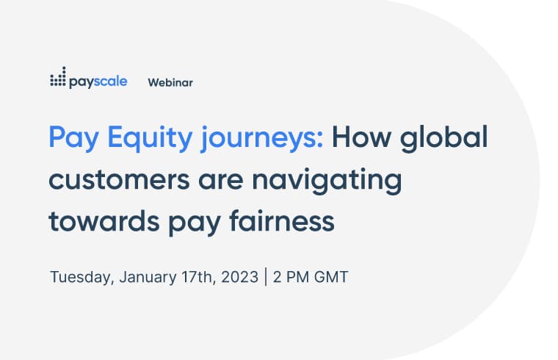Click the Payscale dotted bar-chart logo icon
click(x=58, y=76)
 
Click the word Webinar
click(x=170, y=82)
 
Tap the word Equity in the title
click(x=150, y=139)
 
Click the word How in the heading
click(x=361, y=137)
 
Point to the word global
click(x=443, y=139)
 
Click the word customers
click(x=119, y=180)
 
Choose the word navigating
click(x=327, y=181)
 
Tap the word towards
click(x=104, y=220)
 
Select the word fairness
click(x=282, y=220)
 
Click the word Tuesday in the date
click(x=82, y=278)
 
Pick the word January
click(x=148, y=278)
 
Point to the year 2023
click(x=240, y=277)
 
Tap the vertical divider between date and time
click(x=266, y=277)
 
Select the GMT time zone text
click(x=331, y=277)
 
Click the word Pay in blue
click(x=73, y=139)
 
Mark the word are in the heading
click(x=221, y=180)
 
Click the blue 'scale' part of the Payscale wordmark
click(x=111, y=82)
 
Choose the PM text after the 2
click(x=297, y=277)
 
